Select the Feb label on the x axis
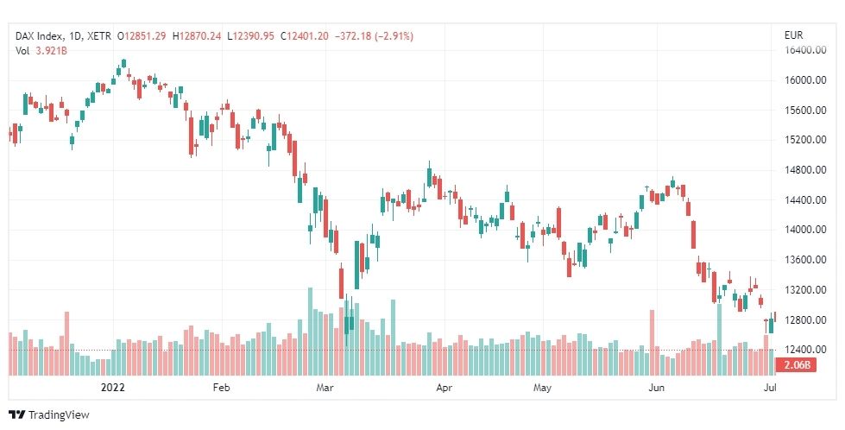[222, 388]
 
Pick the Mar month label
[325, 388]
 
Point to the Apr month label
[444, 388]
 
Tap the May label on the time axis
[542, 388]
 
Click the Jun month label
[657, 388]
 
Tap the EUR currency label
[794, 36]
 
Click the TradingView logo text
[58, 415]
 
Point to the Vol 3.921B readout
[41, 51]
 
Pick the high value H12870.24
[197, 36]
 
